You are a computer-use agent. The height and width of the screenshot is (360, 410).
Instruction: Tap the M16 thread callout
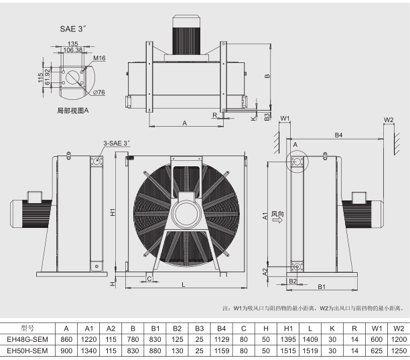pos(98,59)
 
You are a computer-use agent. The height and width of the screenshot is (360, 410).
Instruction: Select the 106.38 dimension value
pos(74,50)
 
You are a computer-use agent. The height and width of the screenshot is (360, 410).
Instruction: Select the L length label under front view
pos(183,286)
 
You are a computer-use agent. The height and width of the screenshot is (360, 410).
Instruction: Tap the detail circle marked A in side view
pos(295,162)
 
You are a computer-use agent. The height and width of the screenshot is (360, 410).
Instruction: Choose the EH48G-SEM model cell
pos(27,339)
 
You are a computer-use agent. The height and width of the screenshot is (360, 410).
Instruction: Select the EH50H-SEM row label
pos(27,350)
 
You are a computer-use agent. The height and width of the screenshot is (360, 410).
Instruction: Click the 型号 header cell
pos(27,328)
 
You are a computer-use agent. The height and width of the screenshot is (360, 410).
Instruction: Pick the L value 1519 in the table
pos(310,350)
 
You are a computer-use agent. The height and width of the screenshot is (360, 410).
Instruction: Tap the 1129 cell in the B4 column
pos(222,339)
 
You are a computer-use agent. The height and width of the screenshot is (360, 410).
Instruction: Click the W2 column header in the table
pos(398,328)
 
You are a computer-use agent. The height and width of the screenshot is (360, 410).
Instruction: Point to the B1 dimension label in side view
pos(322,287)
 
